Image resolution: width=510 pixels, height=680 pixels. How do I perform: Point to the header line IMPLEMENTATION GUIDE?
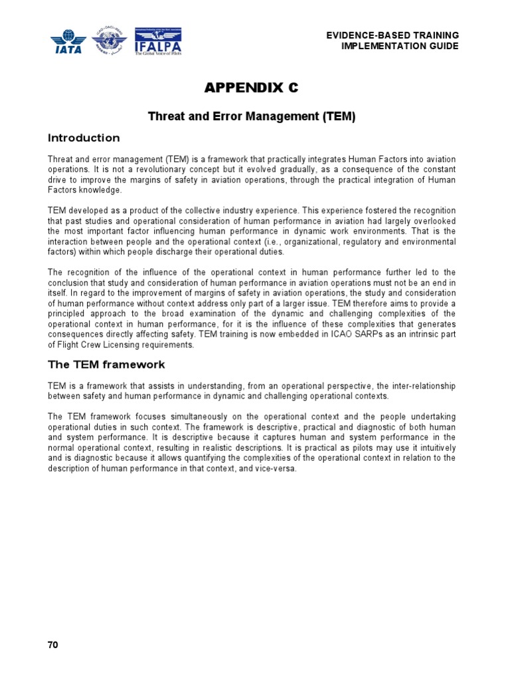[399, 46]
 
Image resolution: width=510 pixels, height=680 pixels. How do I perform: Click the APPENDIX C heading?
[251, 88]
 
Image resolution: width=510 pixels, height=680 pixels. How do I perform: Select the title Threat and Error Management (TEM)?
[251, 116]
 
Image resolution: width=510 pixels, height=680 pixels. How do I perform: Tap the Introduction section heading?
[84, 138]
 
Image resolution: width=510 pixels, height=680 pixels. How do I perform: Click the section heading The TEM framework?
[106, 365]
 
